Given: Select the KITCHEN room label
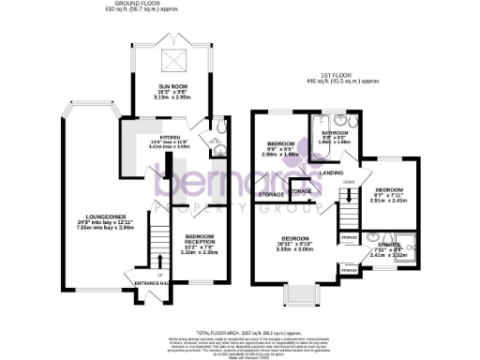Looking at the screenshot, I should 172,138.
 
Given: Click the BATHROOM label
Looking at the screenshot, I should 335,133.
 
